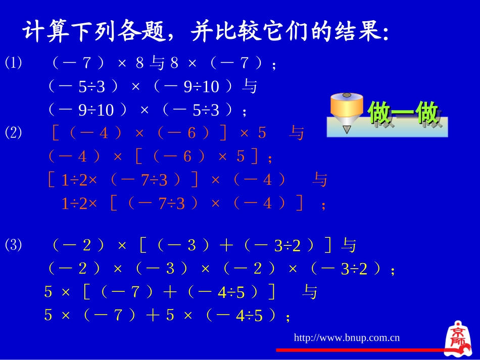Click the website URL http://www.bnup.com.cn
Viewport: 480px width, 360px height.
coord(347,337)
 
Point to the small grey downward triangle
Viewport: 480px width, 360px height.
coord(347,130)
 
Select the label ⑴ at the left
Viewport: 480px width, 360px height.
coord(14,63)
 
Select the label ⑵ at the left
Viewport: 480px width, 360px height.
coord(14,133)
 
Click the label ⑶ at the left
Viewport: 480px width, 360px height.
coord(14,245)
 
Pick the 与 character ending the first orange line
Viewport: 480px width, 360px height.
coord(297,133)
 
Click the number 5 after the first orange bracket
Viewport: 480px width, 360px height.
coord(261,133)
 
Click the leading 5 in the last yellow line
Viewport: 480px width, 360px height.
coord(48,316)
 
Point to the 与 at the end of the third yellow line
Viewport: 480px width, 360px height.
coord(309,292)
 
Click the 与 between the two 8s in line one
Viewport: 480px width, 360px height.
coord(158,63)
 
